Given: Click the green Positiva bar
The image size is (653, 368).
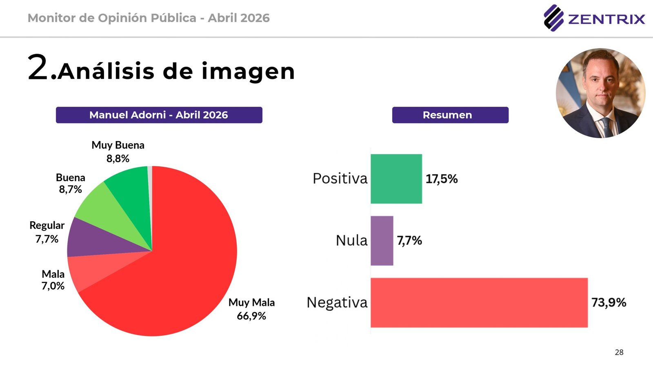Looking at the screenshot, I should [396, 179].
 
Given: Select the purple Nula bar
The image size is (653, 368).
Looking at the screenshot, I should [382, 240].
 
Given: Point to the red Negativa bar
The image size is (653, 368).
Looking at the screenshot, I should [479, 303].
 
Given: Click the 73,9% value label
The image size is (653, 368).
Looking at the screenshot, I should [609, 303].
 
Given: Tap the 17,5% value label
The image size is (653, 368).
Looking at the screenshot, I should [442, 179].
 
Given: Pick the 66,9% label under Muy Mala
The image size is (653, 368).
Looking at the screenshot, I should [251, 316].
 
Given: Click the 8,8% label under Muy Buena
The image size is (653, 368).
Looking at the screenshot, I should [118, 159].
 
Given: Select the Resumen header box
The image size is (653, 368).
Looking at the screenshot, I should [450, 115].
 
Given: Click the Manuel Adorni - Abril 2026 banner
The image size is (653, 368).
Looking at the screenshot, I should [159, 115].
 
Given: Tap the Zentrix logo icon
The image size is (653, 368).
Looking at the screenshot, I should [553, 18].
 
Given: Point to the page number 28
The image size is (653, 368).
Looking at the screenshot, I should [619, 352].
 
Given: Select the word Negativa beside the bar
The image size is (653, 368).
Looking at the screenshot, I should [337, 303].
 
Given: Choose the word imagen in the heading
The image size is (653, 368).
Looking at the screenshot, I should [248, 72].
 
